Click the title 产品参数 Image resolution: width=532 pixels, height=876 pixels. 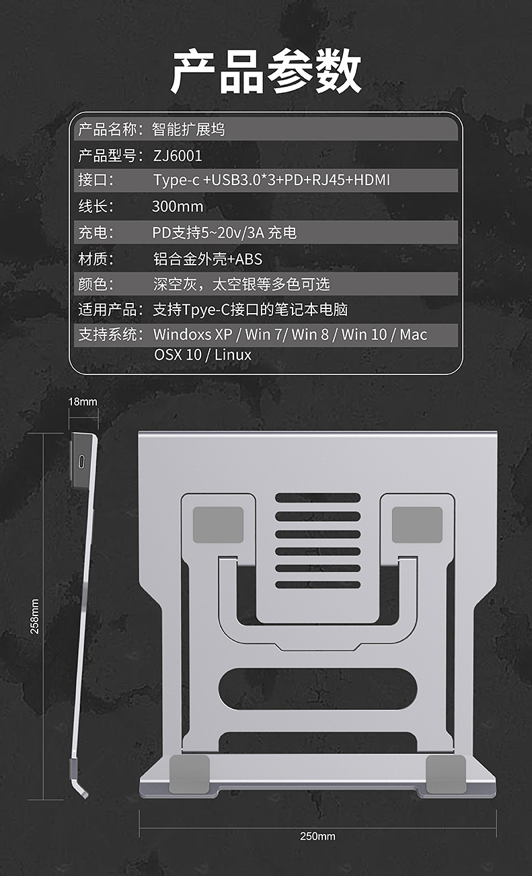point(266,73)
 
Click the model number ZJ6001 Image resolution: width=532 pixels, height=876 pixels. point(178,156)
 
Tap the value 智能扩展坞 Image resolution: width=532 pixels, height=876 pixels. point(188,129)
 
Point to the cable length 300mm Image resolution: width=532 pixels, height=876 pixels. point(178,207)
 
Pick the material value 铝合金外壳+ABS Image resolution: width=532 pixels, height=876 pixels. point(207,259)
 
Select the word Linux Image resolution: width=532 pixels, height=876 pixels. point(233,355)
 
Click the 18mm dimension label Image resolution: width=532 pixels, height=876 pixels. point(83,402)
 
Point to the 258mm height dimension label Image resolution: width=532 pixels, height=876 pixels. point(35,616)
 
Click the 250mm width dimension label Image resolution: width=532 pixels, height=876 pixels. point(317,836)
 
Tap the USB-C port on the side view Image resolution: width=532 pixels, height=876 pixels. point(81,463)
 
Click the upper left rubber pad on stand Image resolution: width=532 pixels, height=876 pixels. point(218,525)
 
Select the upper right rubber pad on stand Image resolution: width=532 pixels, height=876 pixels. point(417,525)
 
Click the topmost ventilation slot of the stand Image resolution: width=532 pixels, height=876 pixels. point(317,498)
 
